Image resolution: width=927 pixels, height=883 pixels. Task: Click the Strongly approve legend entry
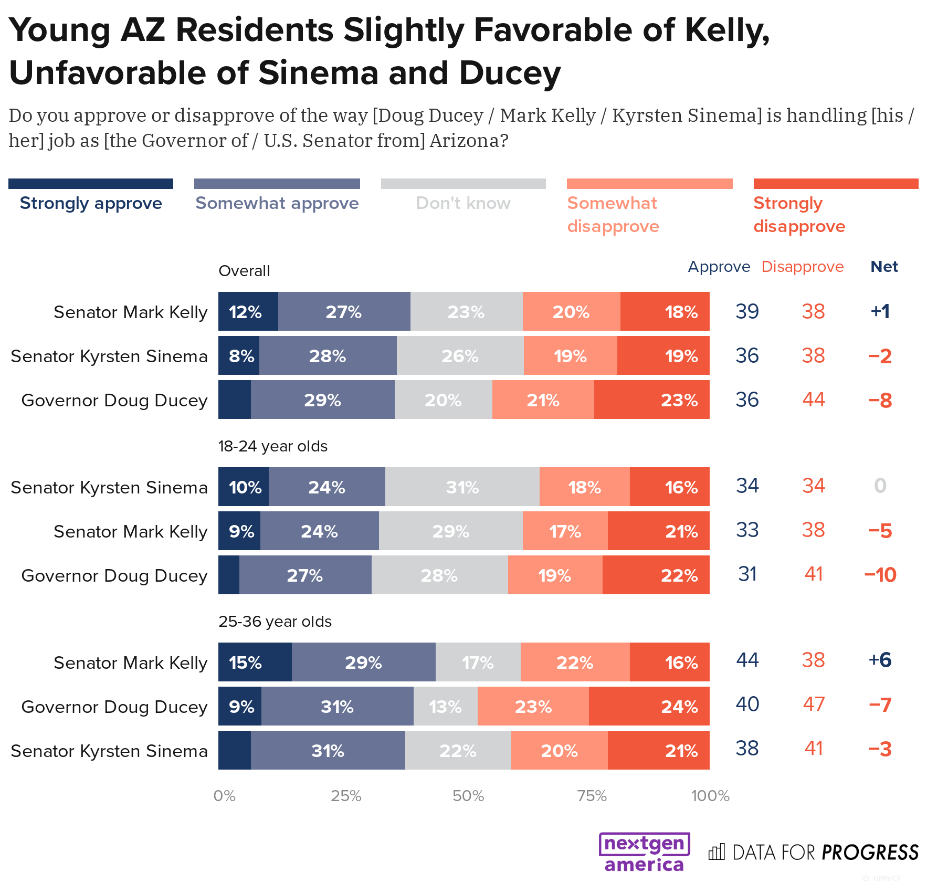click(x=91, y=203)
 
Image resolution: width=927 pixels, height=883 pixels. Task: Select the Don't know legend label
click(x=463, y=203)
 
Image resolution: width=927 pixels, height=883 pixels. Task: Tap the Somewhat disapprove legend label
click(x=613, y=215)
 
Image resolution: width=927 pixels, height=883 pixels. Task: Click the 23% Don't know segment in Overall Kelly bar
click(x=466, y=312)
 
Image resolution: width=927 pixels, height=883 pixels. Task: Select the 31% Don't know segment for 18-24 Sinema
click(x=462, y=487)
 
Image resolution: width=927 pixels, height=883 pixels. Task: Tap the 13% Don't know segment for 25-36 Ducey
click(x=445, y=707)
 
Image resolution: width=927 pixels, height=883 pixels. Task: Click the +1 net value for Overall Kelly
click(x=880, y=311)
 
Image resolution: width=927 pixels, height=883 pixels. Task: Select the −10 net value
click(x=880, y=575)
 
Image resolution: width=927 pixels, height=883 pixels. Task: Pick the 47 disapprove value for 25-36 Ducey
click(x=814, y=704)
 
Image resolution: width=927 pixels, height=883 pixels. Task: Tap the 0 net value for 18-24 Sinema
click(x=880, y=486)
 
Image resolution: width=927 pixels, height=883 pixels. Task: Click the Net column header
click(x=884, y=267)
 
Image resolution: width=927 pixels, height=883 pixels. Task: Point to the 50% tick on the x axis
click(x=468, y=796)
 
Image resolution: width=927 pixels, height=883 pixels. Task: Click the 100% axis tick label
click(x=710, y=796)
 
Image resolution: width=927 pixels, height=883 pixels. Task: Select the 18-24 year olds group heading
click(x=273, y=446)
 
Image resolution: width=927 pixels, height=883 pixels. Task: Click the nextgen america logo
click(x=645, y=852)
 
